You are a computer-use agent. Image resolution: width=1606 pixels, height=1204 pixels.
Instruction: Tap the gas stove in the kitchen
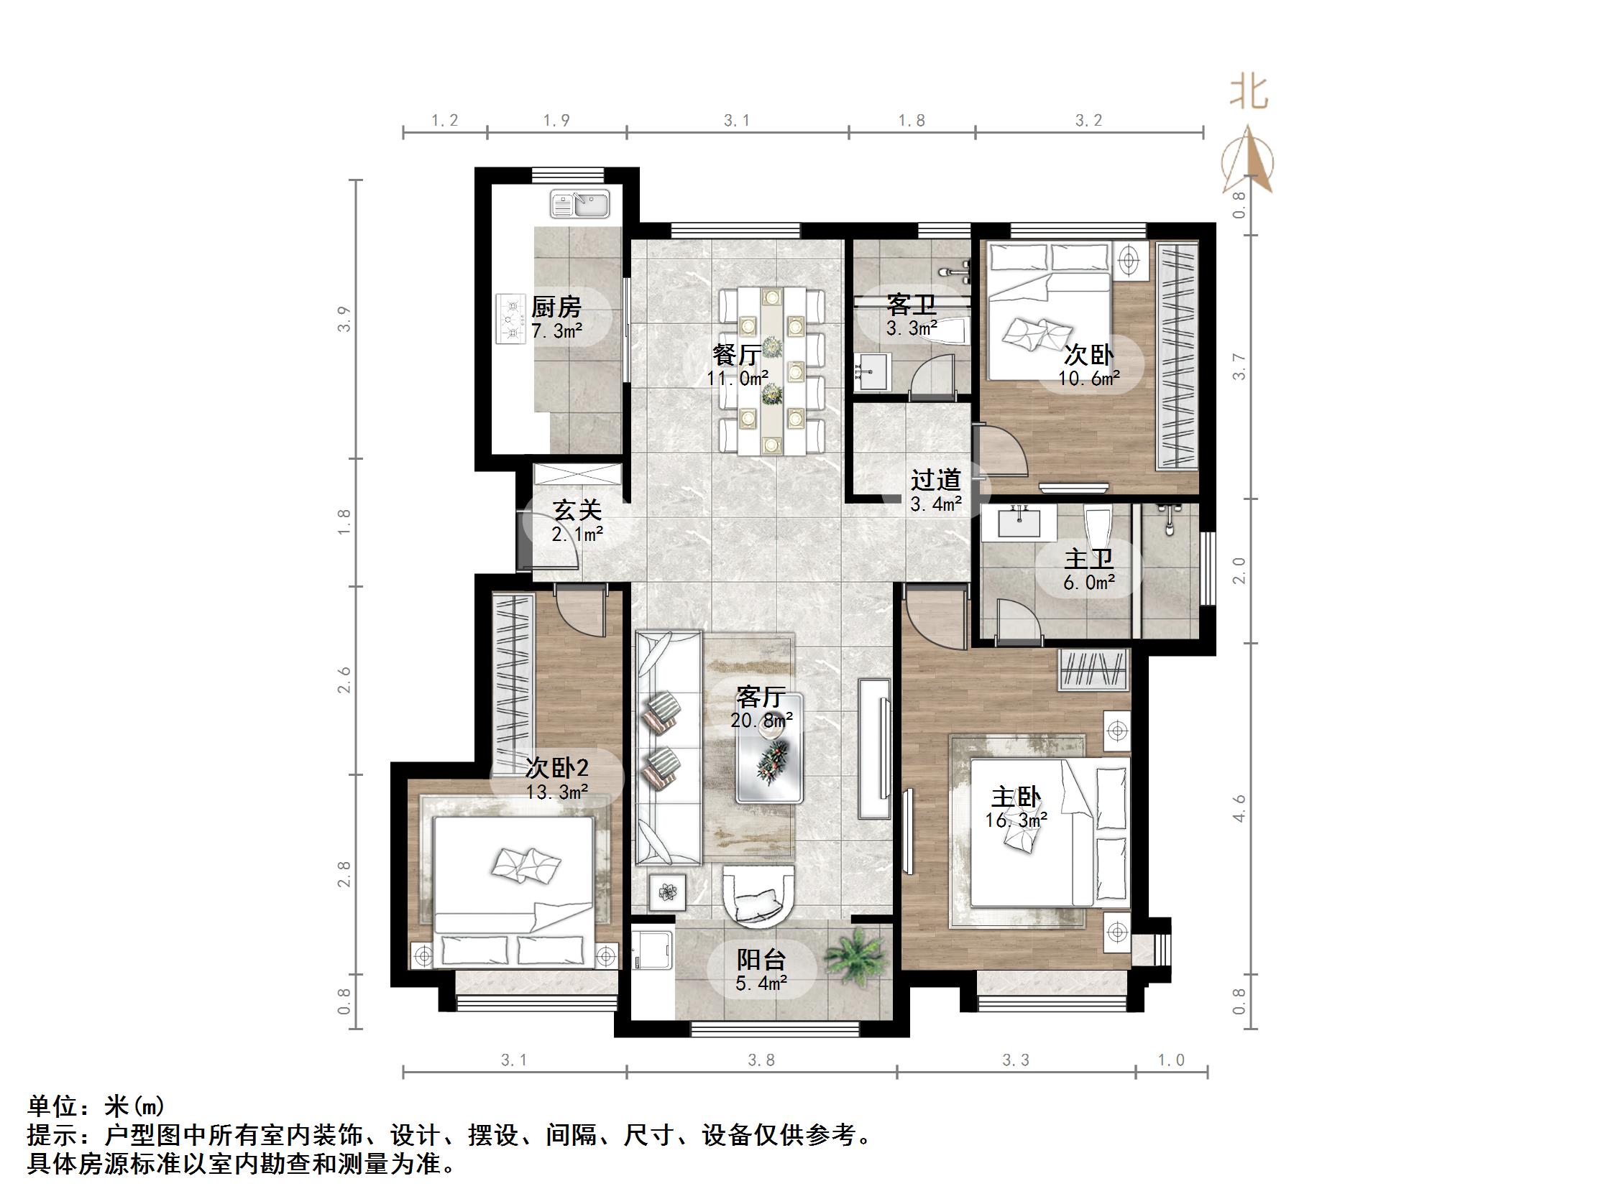point(511,318)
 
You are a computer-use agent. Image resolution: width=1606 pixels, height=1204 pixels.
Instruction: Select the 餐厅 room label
point(736,355)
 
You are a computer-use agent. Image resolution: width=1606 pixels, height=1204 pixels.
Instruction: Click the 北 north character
point(1249,93)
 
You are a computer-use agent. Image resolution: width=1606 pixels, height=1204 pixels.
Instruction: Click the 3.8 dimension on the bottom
point(761,1061)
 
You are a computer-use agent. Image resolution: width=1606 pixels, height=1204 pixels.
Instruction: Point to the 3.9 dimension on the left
point(344,320)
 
